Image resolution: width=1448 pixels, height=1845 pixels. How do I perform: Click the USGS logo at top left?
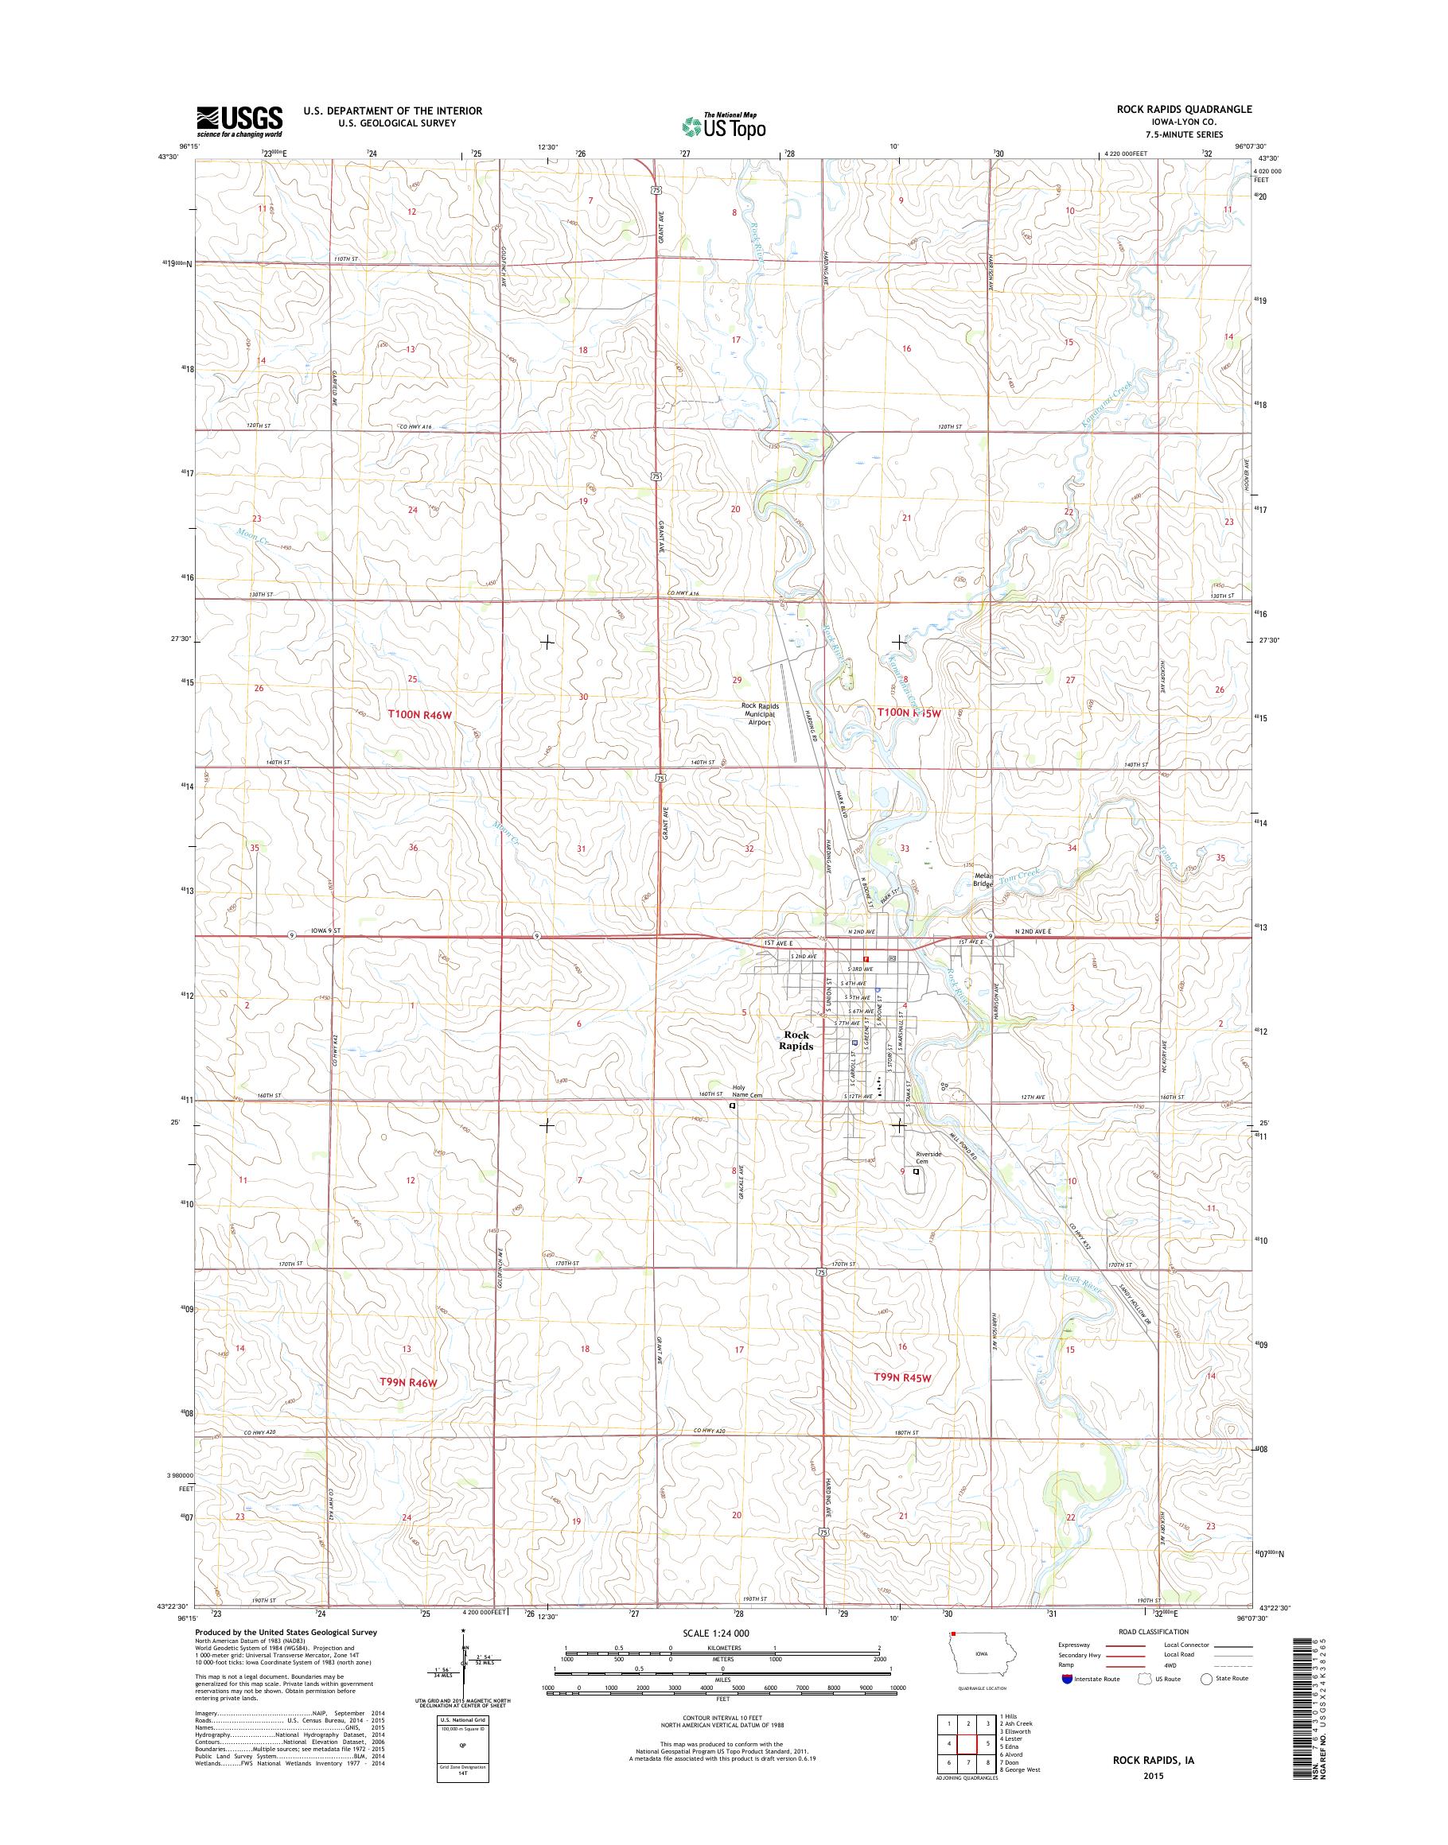pyautogui.click(x=240, y=121)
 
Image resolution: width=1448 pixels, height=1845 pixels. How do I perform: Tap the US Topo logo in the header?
pyautogui.click(x=723, y=126)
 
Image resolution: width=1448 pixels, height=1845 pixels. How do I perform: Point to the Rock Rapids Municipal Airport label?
pyautogui.click(x=760, y=714)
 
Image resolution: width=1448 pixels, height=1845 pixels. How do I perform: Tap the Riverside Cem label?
pyautogui.click(x=929, y=1159)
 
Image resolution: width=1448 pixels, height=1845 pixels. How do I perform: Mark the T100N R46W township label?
pyautogui.click(x=422, y=714)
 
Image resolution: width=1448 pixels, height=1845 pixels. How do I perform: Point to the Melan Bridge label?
pyautogui.click(x=983, y=880)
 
